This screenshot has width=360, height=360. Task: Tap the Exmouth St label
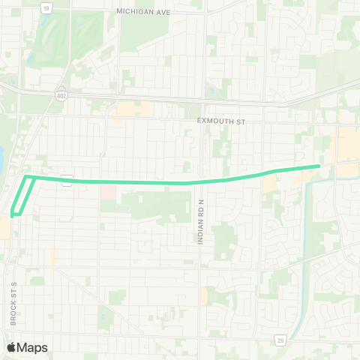(220, 120)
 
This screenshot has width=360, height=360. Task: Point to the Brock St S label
(13, 303)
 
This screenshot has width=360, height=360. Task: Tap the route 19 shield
(46, 7)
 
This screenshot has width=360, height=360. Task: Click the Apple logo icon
(12, 347)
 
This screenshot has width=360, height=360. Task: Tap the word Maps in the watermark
(33, 347)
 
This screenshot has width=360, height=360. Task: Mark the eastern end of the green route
(319, 166)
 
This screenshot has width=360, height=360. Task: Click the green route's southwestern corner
(13, 215)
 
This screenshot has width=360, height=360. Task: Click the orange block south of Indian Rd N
(204, 295)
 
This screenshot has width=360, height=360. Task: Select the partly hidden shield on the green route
(67, 179)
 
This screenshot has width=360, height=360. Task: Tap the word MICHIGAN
(133, 11)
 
